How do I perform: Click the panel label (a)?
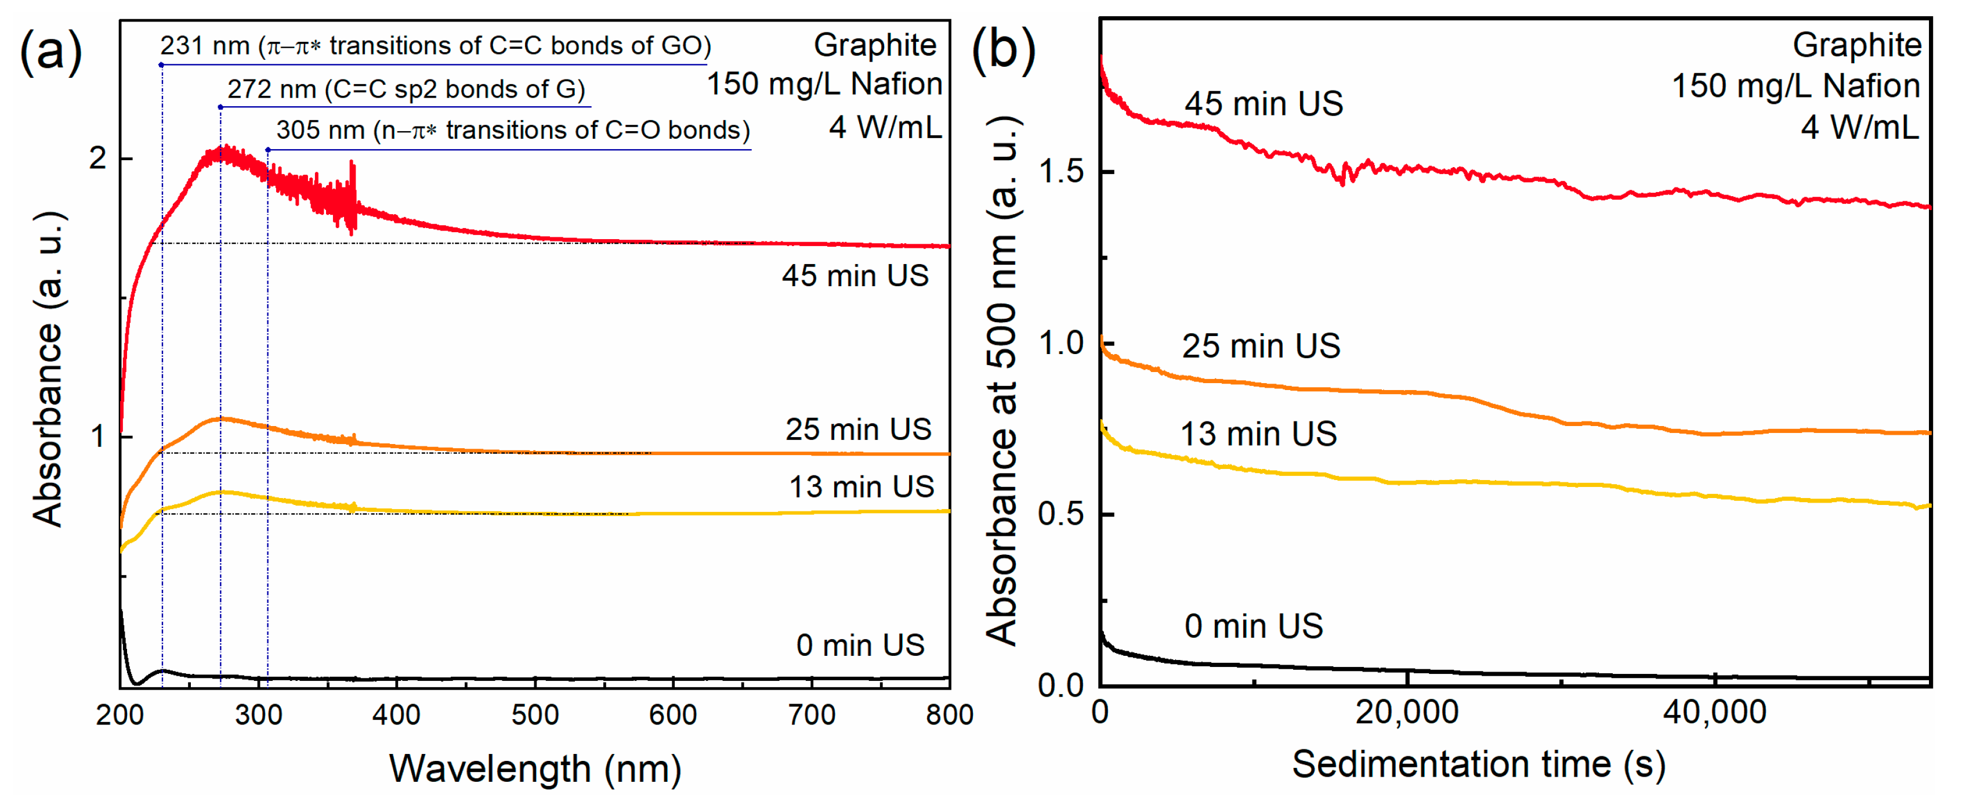[x=50, y=52]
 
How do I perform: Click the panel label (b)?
[x=1003, y=52]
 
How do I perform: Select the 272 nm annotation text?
[x=406, y=89]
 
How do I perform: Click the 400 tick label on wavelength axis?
[x=396, y=715]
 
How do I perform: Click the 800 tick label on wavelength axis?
[x=949, y=715]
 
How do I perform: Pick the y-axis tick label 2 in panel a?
[x=97, y=159]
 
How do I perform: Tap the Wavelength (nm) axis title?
[x=535, y=768]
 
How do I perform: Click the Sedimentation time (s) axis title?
[x=1478, y=764]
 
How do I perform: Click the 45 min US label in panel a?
[x=855, y=276]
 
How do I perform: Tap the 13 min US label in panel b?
[x=1258, y=434]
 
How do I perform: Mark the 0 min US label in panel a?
[x=860, y=645]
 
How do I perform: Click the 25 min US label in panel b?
[x=1261, y=347]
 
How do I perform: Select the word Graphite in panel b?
[x=1856, y=46]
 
